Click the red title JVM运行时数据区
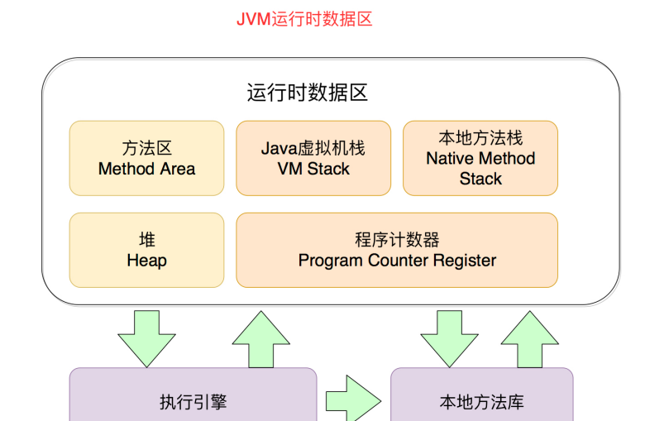(x=304, y=19)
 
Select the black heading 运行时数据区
(x=307, y=93)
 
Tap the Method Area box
(x=146, y=158)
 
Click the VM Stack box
(x=313, y=158)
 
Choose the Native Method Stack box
(x=480, y=158)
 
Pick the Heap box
(x=146, y=250)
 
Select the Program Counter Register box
(x=397, y=250)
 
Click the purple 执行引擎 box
(x=193, y=395)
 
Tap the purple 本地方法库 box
(x=482, y=395)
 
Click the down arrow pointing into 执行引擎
(x=146, y=339)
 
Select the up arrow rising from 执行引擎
(x=261, y=339)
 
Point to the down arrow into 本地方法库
(x=449, y=339)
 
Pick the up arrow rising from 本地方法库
(x=530, y=339)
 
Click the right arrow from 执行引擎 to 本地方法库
(x=353, y=399)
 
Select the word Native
(x=448, y=159)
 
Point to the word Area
(x=178, y=169)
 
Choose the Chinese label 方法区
(x=146, y=148)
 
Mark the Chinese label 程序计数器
(x=397, y=240)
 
